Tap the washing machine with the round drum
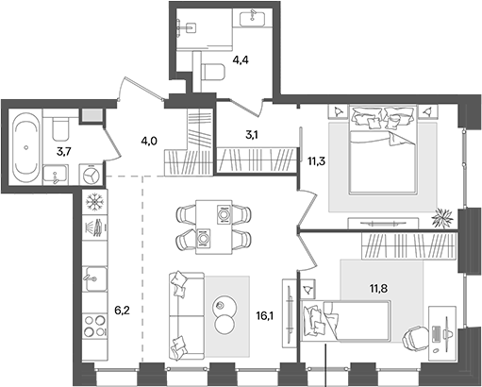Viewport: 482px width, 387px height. [x=90, y=176]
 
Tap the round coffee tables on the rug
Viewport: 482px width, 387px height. [x=225, y=314]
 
